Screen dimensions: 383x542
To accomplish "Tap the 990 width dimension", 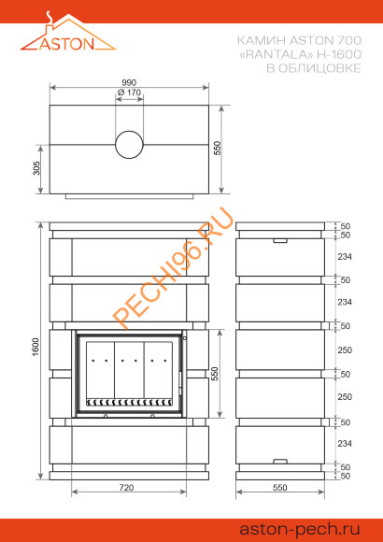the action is pos(129,82).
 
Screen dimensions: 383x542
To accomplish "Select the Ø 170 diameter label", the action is pos(129,93).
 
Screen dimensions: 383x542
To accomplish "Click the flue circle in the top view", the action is pos(129,145).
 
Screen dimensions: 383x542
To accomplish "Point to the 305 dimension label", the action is pos(36,168).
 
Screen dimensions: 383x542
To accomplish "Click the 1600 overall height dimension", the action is pos(36,348).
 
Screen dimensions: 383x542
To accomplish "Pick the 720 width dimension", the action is pos(126,488).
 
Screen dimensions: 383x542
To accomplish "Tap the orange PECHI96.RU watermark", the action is pos(173,268).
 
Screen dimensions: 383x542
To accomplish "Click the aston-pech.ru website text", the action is pos(300,529).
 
